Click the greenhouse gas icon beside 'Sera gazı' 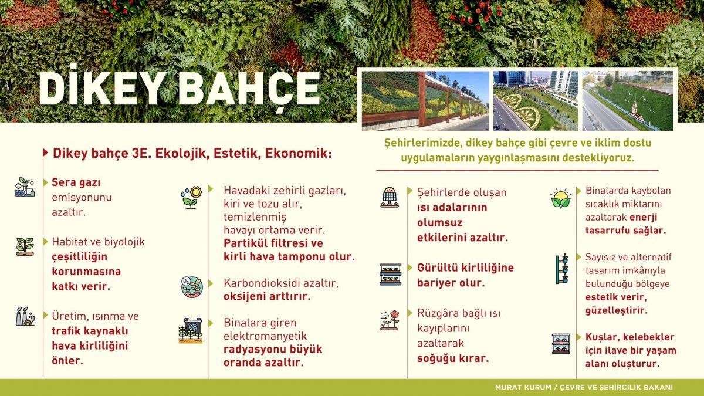coord(25,187)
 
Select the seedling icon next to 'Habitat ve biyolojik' coord(25,246)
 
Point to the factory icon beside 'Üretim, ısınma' coord(25,316)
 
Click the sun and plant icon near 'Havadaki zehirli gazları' coord(191,197)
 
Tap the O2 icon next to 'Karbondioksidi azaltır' coord(191,287)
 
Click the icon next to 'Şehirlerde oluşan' coord(390,197)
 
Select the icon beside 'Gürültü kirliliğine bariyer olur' coord(390,274)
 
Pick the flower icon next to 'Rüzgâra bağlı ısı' coord(390,320)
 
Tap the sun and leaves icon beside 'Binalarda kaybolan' coord(561,198)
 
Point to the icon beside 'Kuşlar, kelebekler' coord(561,344)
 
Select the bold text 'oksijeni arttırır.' coord(267,296)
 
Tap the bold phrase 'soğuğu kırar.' coord(453,358)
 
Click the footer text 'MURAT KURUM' coord(516,387)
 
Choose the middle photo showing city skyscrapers coord(536,100)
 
